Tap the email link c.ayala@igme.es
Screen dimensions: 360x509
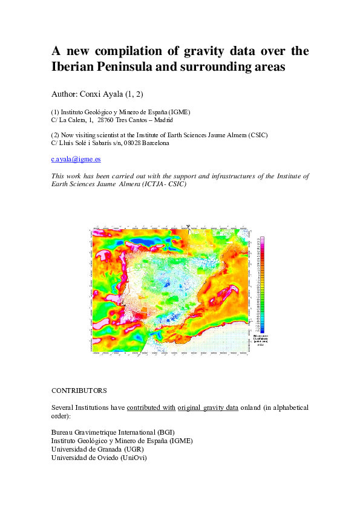click(76, 159)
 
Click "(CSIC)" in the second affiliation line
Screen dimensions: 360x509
click(255, 134)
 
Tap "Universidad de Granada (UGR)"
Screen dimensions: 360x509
click(97, 449)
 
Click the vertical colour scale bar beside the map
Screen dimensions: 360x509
click(261, 284)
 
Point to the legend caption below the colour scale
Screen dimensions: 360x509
click(261, 340)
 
